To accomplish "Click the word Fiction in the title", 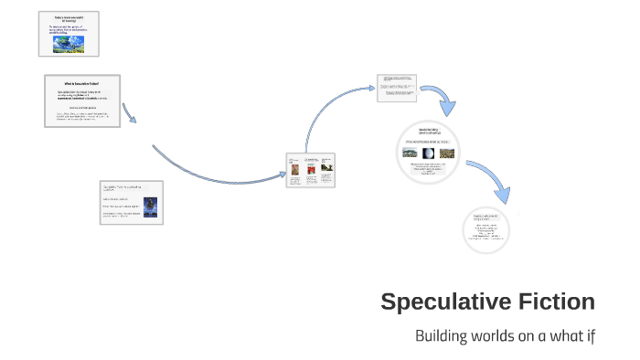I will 552,302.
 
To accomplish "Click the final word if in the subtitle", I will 591,335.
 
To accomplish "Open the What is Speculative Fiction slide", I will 81,101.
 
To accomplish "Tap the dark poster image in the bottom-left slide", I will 150,207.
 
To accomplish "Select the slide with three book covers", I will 310,171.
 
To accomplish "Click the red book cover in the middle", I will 310,169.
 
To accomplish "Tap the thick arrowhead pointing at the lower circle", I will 501,194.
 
